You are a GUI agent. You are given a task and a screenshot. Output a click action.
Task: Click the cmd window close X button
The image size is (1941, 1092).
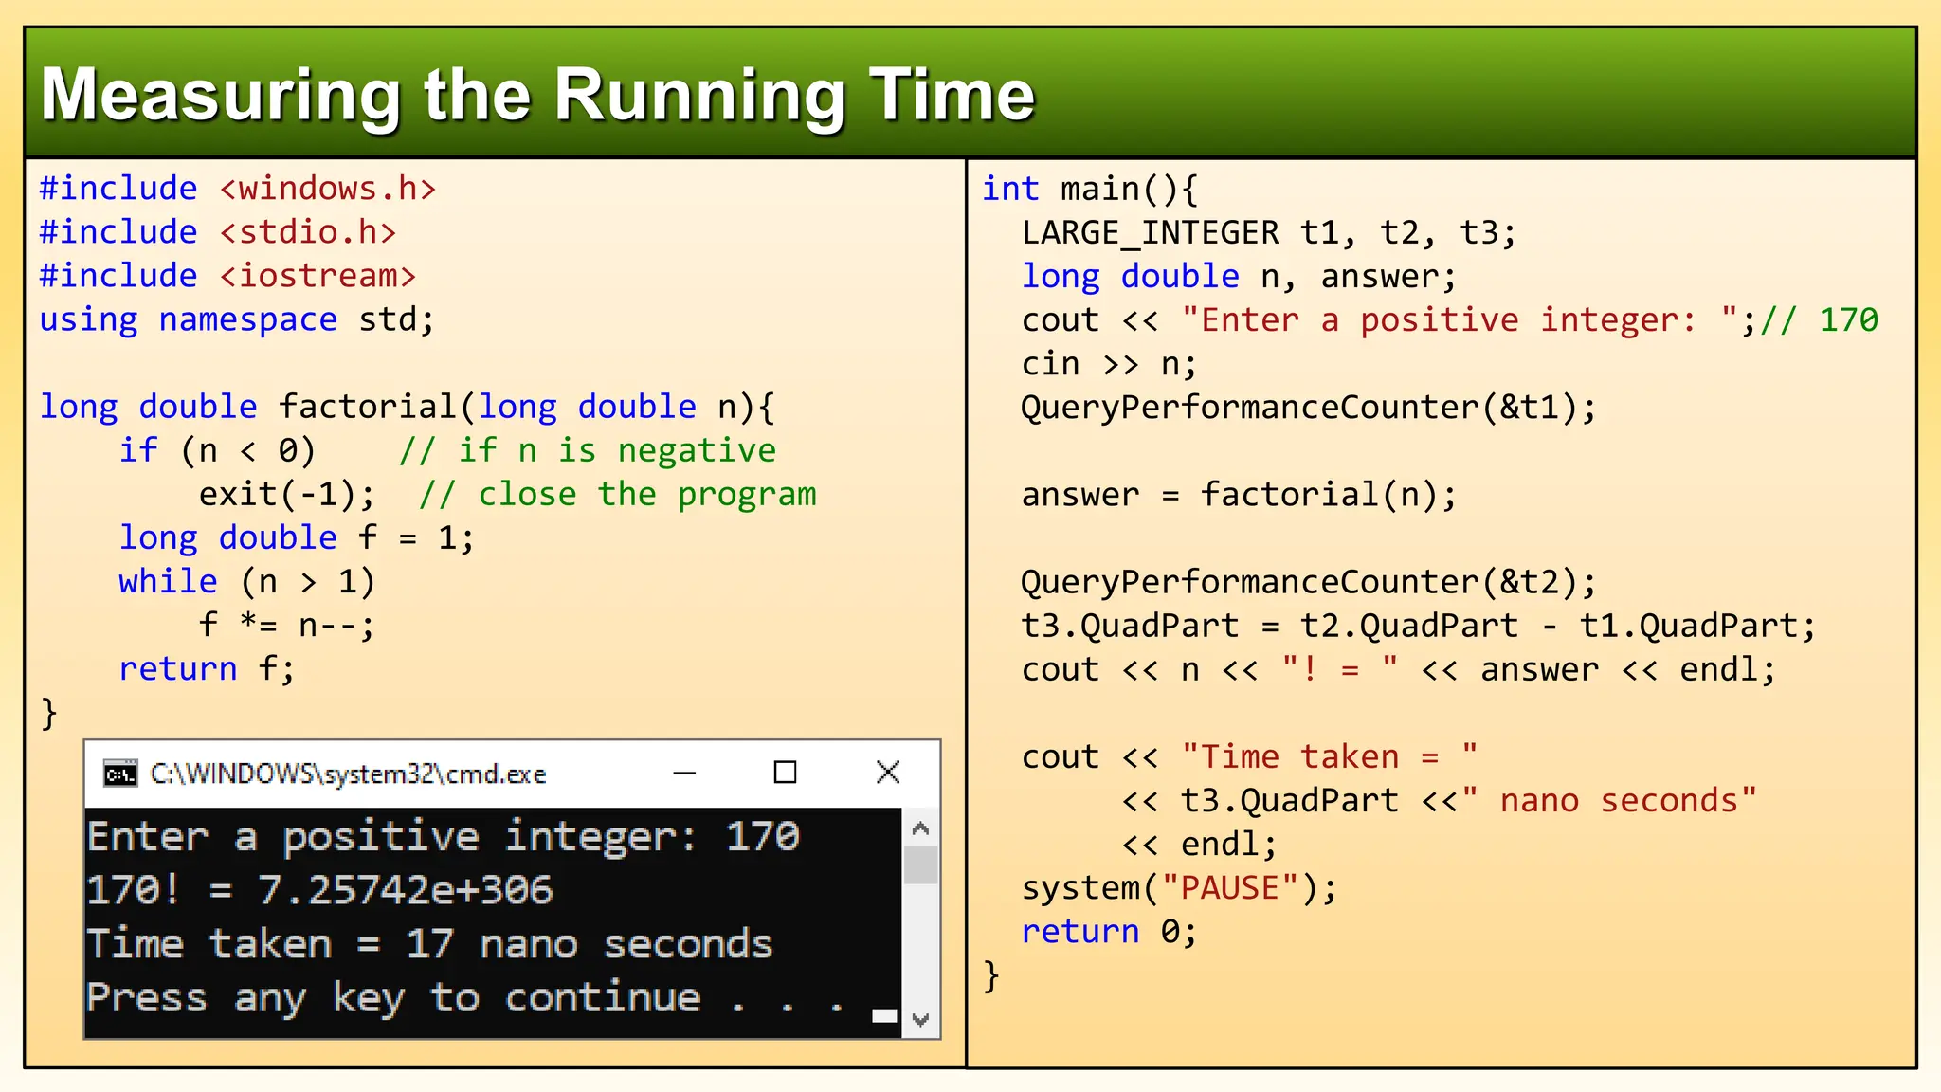click(x=888, y=773)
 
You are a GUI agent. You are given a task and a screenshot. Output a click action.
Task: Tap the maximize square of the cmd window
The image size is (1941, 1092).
click(x=785, y=773)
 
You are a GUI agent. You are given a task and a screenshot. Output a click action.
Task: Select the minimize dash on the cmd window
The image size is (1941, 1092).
click(x=684, y=773)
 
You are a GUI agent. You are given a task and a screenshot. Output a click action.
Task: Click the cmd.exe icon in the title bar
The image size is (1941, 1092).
click(x=120, y=773)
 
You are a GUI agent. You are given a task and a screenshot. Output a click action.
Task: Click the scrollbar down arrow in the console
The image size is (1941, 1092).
click(x=920, y=1020)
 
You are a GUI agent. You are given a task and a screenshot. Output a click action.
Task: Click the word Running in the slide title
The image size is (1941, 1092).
click(x=699, y=96)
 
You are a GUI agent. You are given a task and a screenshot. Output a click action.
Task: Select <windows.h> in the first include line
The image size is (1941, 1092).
click(x=328, y=189)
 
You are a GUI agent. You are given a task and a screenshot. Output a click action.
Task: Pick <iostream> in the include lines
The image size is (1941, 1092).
click(x=317, y=276)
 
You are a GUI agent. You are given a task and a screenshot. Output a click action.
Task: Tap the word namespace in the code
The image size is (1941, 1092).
click(x=247, y=319)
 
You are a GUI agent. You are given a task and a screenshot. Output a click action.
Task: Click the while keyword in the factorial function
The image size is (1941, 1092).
click(x=168, y=581)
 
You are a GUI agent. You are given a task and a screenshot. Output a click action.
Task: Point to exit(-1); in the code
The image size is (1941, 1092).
click(x=286, y=494)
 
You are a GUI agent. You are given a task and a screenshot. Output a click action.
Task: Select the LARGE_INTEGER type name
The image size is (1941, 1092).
click(x=1150, y=232)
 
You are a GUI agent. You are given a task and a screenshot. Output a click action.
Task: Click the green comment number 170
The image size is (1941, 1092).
click(x=1848, y=319)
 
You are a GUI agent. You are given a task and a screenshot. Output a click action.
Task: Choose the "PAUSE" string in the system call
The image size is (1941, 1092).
click(x=1229, y=888)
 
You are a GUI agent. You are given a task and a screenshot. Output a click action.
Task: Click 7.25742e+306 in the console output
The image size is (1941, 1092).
click(x=406, y=890)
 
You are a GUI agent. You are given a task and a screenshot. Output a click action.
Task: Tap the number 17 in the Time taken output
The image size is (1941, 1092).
click(x=429, y=944)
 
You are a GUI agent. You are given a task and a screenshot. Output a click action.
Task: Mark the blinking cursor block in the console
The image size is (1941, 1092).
click(x=884, y=1016)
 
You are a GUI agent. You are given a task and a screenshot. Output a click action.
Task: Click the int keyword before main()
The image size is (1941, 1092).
click(x=1010, y=189)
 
